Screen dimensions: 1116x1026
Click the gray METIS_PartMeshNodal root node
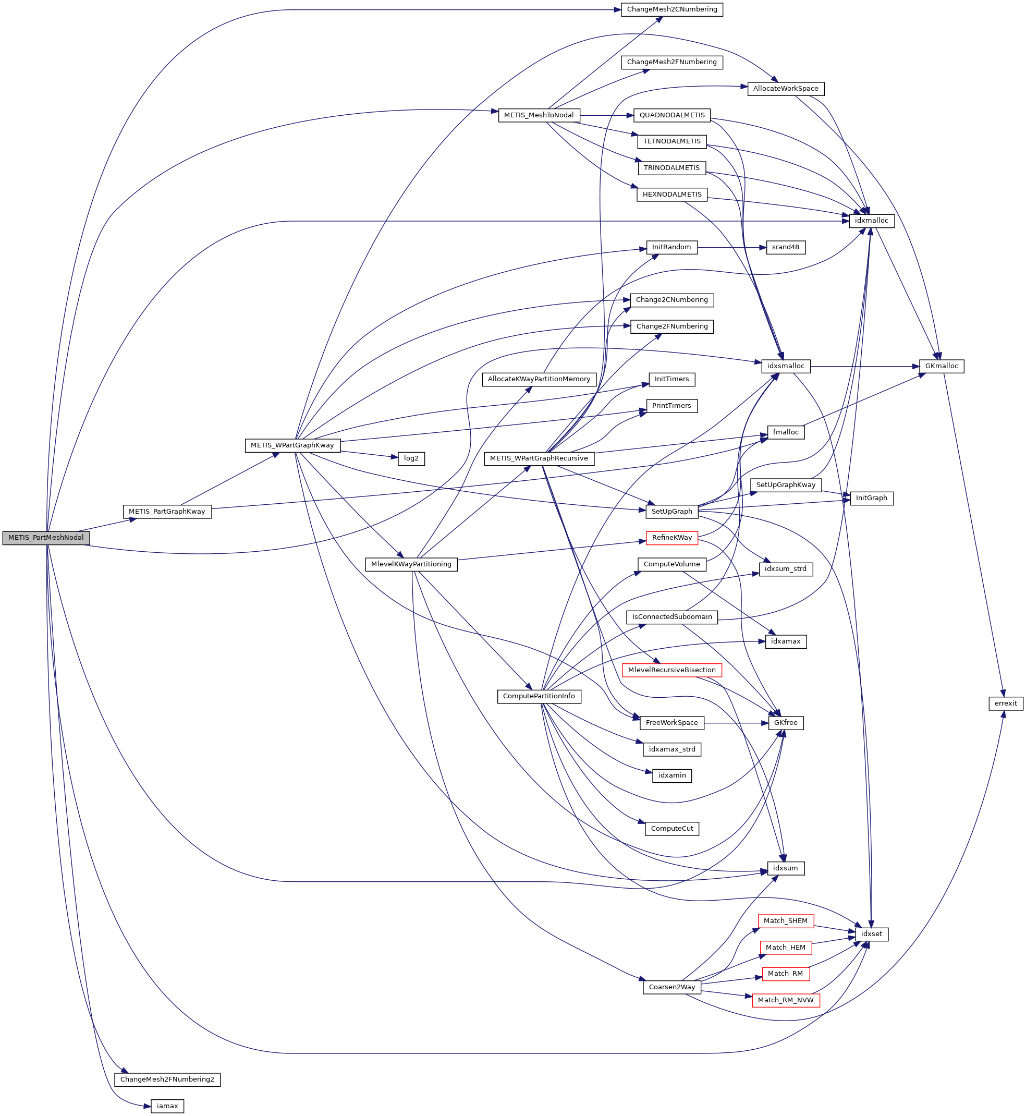point(45,538)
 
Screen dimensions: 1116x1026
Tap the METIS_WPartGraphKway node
point(292,445)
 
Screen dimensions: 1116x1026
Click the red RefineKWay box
point(671,538)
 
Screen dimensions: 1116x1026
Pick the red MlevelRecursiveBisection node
point(671,670)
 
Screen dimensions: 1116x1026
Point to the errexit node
point(1006,703)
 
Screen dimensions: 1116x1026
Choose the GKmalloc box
point(941,367)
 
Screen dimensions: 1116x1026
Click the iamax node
point(167,1106)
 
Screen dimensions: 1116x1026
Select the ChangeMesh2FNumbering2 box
point(167,1079)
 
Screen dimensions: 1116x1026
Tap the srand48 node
point(785,247)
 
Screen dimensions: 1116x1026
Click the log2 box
point(411,458)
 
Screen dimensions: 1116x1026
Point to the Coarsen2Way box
point(671,987)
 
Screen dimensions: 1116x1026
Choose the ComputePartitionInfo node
point(539,696)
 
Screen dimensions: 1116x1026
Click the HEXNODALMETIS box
point(671,195)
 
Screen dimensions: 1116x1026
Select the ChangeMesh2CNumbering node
point(671,9)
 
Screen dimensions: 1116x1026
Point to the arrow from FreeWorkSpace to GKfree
point(736,723)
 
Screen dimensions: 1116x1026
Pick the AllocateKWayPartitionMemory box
point(539,379)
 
